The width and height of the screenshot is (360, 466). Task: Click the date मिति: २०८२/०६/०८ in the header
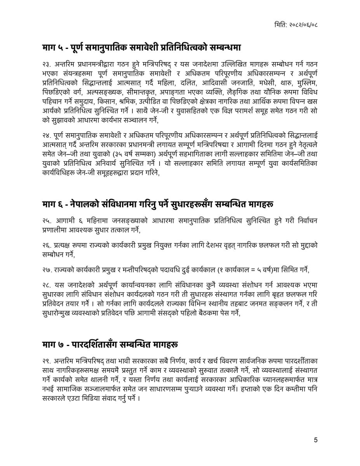tap(296, 24)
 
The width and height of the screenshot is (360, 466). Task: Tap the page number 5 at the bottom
tap(316, 440)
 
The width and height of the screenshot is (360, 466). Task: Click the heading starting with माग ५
tap(142, 48)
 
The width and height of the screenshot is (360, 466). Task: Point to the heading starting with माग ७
tap(110, 344)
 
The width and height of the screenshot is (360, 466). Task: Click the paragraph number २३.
tap(47, 64)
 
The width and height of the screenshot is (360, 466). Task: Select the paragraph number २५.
tap(47, 221)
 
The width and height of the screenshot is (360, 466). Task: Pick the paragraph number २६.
tap(47, 246)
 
